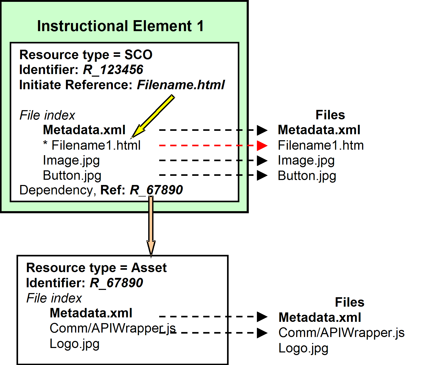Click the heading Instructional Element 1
tap(120, 26)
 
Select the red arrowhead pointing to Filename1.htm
tap(262, 145)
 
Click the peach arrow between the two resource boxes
tap(151, 225)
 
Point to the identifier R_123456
tap(113, 70)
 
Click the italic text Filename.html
tap(181, 85)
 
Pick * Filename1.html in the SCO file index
tap(92, 145)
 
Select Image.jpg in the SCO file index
tap(71, 160)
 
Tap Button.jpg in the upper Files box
tap(307, 176)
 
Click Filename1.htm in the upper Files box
tap(321, 145)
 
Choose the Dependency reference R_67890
tap(156, 190)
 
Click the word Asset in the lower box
tap(149, 268)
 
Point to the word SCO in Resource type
tap(138, 55)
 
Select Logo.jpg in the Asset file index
tap(75, 344)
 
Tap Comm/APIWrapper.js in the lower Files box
tap(341, 333)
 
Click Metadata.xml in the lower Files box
tap(320, 317)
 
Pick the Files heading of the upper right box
tap(330, 115)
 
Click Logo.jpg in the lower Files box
tap(303, 348)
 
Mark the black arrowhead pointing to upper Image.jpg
tap(262, 160)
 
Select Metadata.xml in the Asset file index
tap(91, 313)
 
